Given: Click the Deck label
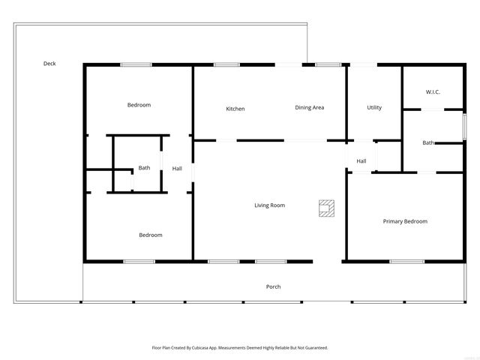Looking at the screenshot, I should (49, 64).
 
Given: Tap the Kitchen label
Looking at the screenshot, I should (235, 109).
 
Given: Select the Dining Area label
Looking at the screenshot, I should (309, 108).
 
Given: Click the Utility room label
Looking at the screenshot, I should (374, 108).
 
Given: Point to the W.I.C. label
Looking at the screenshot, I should (433, 92).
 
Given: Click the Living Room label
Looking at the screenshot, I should (269, 205).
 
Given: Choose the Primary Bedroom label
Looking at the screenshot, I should (405, 221).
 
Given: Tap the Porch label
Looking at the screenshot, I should (274, 286).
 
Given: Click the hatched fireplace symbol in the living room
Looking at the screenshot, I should (326, 208).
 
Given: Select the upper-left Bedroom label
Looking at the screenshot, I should (139, 105).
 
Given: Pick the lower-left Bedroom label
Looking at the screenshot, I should (150, 235).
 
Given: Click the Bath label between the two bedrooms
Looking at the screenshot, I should (144, 168).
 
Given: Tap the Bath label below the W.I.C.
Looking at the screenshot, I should (428, 142).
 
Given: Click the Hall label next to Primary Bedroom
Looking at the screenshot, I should (361, 161).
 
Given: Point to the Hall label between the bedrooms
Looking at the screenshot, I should (177, 169).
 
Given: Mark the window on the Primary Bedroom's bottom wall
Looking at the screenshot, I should (406, 261).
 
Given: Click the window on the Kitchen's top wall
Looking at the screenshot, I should (226, 64).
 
